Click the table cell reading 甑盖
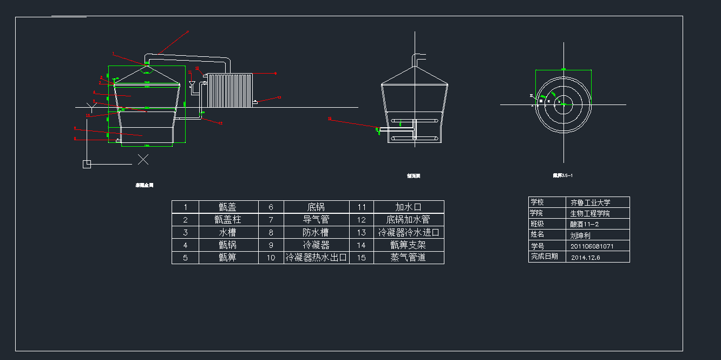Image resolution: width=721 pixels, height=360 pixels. tap(228, 207)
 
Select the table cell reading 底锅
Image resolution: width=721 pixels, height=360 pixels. tap(316, 207)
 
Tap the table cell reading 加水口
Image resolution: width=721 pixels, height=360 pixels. tap(408, 207)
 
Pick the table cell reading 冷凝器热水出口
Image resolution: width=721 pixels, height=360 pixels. tap(316, 258)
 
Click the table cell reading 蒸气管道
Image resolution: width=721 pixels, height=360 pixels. tap(408, 258)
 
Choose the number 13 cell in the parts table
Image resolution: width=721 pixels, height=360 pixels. tap(362, 232)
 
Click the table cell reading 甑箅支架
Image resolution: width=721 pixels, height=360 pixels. tap(408, 245)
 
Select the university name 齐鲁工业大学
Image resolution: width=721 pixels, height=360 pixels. tap(591, 202)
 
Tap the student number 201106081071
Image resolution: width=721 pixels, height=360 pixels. tap(592, 246)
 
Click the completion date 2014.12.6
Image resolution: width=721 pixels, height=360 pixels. tap(586, 257)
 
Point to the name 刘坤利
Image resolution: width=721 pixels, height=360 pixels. tap(580, 235)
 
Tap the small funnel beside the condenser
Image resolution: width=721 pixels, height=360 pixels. tap(192, 84)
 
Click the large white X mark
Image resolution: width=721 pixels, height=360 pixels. tap(143, 159)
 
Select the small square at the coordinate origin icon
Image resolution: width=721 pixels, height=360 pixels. tap(87, 164)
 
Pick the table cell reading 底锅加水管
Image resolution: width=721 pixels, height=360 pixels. tap(408, 220)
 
